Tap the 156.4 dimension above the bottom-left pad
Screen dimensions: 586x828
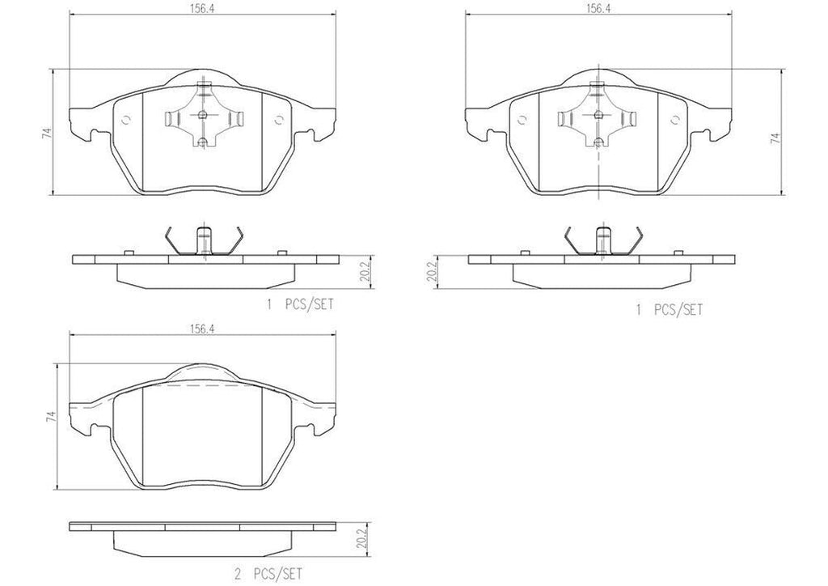coord(201,329)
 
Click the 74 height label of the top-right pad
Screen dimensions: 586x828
coord(775,138)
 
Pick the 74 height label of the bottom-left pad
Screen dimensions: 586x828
coord(50,418)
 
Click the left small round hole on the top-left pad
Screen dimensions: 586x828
coord(125,121)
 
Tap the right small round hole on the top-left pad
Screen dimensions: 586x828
coord(278,121)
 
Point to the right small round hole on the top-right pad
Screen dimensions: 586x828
coord(674,121)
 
